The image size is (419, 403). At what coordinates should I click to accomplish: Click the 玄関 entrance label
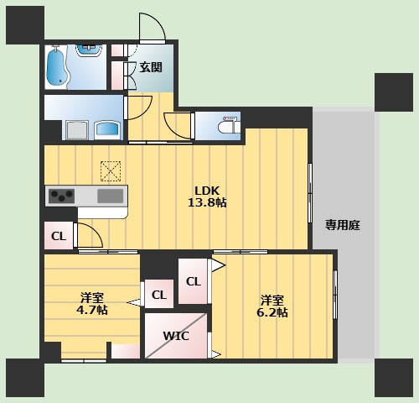(x=151, y=67)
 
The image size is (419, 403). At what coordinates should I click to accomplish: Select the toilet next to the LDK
(x=225, y=127)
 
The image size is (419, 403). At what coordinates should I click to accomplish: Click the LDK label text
(x=209, y=189)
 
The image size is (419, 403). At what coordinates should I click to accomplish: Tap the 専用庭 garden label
(x=343, y=225)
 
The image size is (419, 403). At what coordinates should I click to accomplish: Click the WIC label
(x=175, y=336)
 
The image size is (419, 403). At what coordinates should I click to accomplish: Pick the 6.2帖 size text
(x=273, y=312)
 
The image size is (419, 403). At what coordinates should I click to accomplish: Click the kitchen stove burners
(x=61, y=196)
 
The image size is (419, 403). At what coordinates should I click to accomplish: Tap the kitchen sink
(x=110, y=196)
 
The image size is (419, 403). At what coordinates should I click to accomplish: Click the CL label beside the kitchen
(x=58, y=236)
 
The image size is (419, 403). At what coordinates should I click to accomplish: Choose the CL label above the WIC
(x=159, y=295)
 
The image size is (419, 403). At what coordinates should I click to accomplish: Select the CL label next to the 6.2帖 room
(x=193, y=281)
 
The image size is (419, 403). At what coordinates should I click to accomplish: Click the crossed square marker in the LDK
(x=111, y=170)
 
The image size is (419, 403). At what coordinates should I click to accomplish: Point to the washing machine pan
(x=78, y=129)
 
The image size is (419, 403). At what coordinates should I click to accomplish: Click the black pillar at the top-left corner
(x=24, y=24)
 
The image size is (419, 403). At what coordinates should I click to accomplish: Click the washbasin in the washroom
(x=109, y=129)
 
